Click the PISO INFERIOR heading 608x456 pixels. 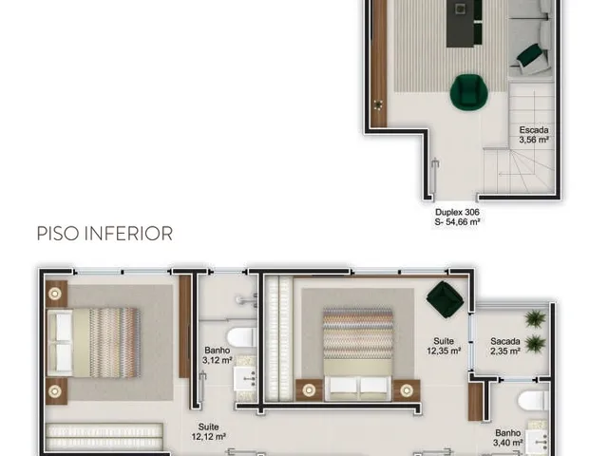click(104, 234)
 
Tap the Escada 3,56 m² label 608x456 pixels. click(534, 135)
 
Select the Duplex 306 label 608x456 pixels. click(457, 212)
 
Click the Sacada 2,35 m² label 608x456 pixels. click(504, 346)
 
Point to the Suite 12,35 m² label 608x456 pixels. click(444, 346)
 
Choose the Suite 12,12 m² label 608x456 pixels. click(209, 431)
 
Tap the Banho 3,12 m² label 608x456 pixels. click(218, 355)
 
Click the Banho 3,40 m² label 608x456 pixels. click(508, 437)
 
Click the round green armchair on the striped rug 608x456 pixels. click(468, 92)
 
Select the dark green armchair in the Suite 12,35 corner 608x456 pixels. click(446, 299)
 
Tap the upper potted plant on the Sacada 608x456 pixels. click(535, 319)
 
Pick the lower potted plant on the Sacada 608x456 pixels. click(535, 344)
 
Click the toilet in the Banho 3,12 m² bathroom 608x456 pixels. click(242, 337)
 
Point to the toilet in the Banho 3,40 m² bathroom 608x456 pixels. click(534, 400)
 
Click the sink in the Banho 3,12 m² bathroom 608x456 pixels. click(245, 378)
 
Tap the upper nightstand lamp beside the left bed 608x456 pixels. click(55, 294)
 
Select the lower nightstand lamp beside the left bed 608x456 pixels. click(55, 391)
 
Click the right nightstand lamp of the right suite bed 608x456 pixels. click(407, 390)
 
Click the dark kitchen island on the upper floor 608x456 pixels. click(465, 23)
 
